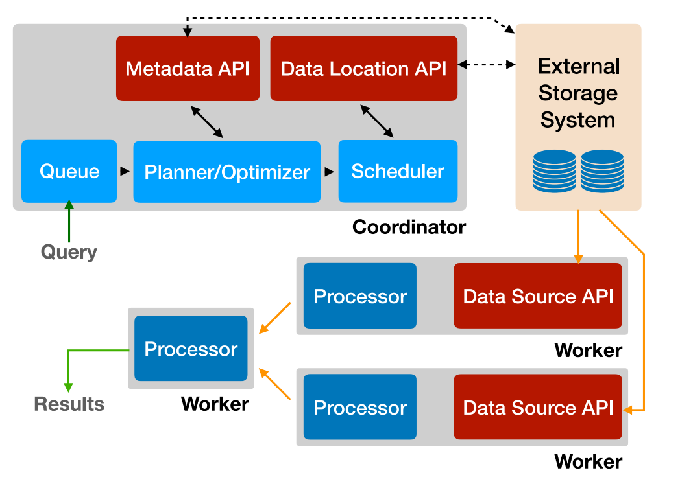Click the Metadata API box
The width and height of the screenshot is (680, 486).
click(x=188, y=68)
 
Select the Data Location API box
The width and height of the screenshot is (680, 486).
click(x=363, y=68)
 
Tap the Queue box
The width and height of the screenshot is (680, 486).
click(x=69, y=171)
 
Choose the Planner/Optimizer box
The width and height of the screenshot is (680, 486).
click(x=227, y=172)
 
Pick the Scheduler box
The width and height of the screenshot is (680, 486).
click(x=398, y=171)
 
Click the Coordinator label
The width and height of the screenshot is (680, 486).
click(x=409, y=227)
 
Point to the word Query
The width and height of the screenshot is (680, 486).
click(x=69, y=251)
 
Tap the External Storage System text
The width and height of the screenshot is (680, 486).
click(x=578, y=93)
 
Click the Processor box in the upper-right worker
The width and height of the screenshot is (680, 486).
click(x=360, y=295)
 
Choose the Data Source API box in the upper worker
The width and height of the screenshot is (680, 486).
click(x=538, y=295)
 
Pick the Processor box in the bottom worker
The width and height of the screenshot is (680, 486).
click(x=360, y=407)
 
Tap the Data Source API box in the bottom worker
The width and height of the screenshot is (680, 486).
click(x=538, y=407)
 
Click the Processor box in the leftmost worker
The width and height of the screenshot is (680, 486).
click(x=191, y=349)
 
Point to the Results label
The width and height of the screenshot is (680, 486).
click(x=69, y=404)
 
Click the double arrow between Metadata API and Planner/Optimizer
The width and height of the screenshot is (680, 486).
click(x=207, y=121)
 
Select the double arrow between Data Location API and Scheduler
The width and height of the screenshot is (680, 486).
click(x=377, y=121)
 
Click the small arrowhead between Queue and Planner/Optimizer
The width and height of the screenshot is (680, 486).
click(x=125, y=172)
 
